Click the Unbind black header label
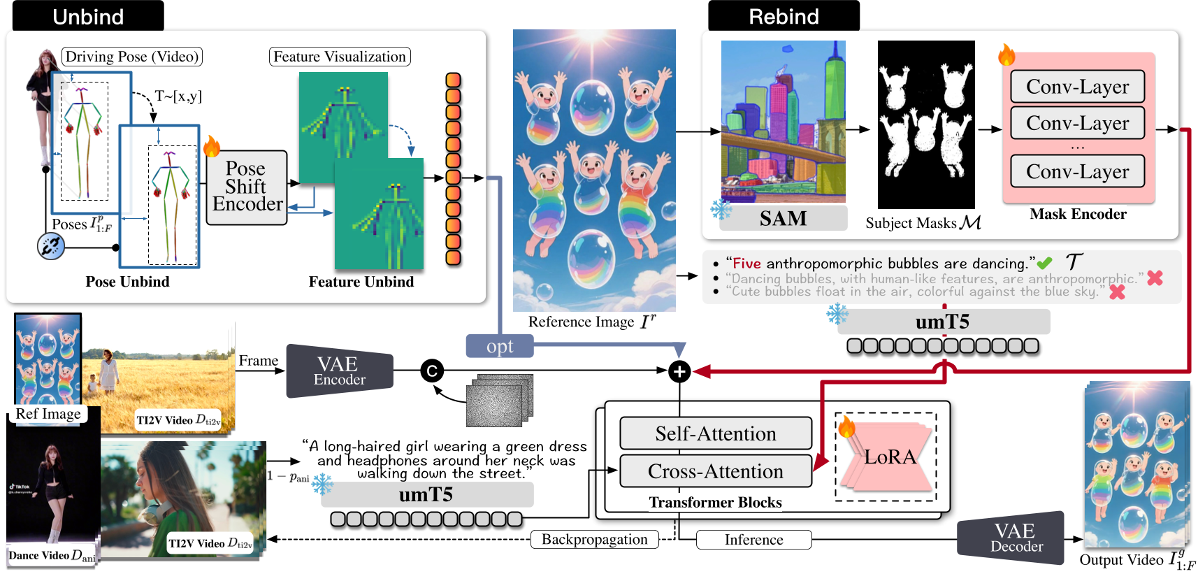[x=88, y=16]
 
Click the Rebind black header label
[x=784, y=16]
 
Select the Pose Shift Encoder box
[x=247, y=187]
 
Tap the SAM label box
[x=783, y=219]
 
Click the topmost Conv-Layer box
[x=1077, y=87]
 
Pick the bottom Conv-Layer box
[x=1077, y=171]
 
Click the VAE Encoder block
[x=340, y=371]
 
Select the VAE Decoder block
[x=1015, y=538]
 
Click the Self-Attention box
[x=716, y=433]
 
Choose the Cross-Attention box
[x=716, y=471]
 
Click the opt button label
[x=500, y=346]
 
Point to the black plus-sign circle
[x=679, y=371]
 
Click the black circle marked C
[x=432, y=371]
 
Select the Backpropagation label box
[x=595, y=539]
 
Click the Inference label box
[x=753, y=540]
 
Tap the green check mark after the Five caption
[x=1044, y=264]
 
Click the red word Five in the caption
[x=746, y=264]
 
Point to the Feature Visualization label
[x=340, y=57]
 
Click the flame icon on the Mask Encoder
[x=1006, y=55]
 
